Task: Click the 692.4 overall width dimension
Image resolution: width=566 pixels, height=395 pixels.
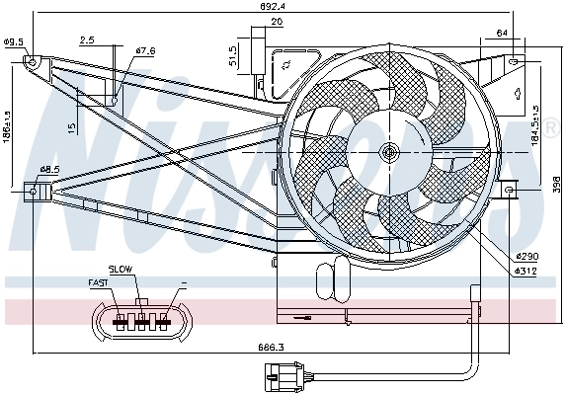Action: (285, 8)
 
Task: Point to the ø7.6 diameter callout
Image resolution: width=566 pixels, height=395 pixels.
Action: (146, 50)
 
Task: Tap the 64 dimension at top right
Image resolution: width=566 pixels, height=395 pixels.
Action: (503, 33)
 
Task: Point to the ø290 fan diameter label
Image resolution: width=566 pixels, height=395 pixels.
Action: (526, 257)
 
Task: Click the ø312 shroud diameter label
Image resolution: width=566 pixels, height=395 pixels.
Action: (526, 271)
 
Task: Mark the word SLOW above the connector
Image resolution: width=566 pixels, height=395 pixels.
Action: (121, 269)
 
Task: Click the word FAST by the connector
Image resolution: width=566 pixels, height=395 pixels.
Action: (99, 283)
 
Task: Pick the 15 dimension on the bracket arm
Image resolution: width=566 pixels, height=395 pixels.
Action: (73, 127)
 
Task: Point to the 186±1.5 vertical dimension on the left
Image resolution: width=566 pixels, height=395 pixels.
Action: (8, 125)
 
